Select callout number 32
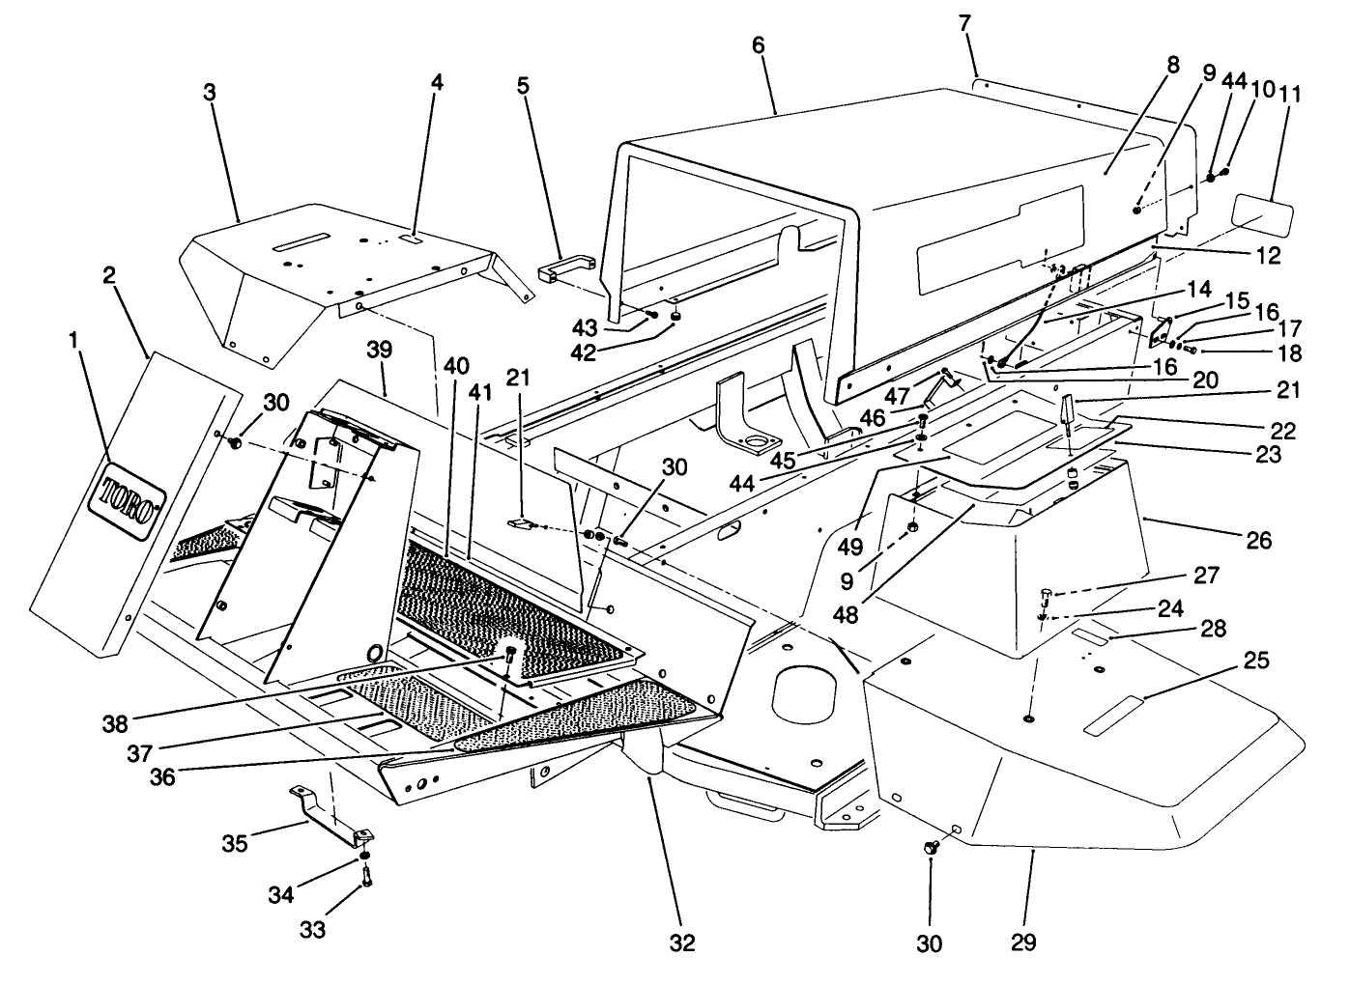(682, 942)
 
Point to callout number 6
(758, 45)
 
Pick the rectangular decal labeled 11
(1263, 212)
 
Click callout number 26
(1257, 538)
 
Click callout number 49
(850, 547)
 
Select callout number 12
(1262, 256)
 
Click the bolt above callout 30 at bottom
(932, 847)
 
